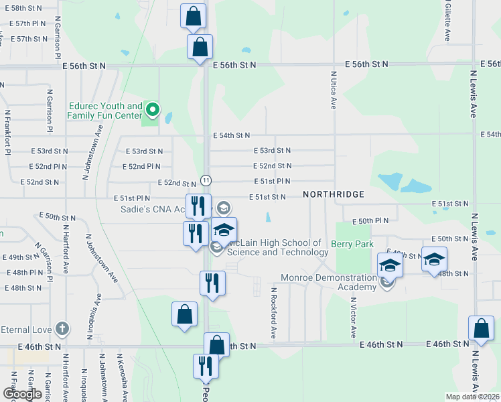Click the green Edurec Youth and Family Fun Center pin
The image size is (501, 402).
(x=152, y=109)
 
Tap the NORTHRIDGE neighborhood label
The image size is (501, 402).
(x=334, y=194)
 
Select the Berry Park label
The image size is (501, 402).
(x=352, y=245)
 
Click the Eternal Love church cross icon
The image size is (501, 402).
(x=62, y=328)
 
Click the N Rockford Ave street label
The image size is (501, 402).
(x=273, y=312)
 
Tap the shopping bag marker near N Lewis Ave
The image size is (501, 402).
(x=481, y=329)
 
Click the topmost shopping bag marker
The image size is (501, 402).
(x=193, y=17)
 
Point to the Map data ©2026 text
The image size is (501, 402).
(x=472, y=397)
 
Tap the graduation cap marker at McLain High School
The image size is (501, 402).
(x=224, y=230)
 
